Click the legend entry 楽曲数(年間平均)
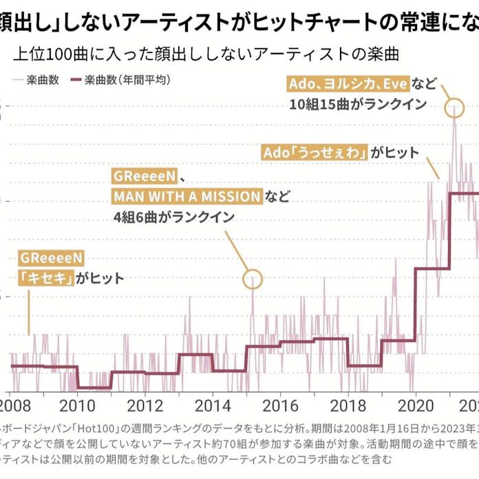127,79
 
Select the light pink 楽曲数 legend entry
41,79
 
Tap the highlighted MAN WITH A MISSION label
187,196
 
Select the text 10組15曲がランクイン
358,105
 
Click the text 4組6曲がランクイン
174,217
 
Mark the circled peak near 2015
253,279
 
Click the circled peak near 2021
454,108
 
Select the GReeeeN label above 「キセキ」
52,258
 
